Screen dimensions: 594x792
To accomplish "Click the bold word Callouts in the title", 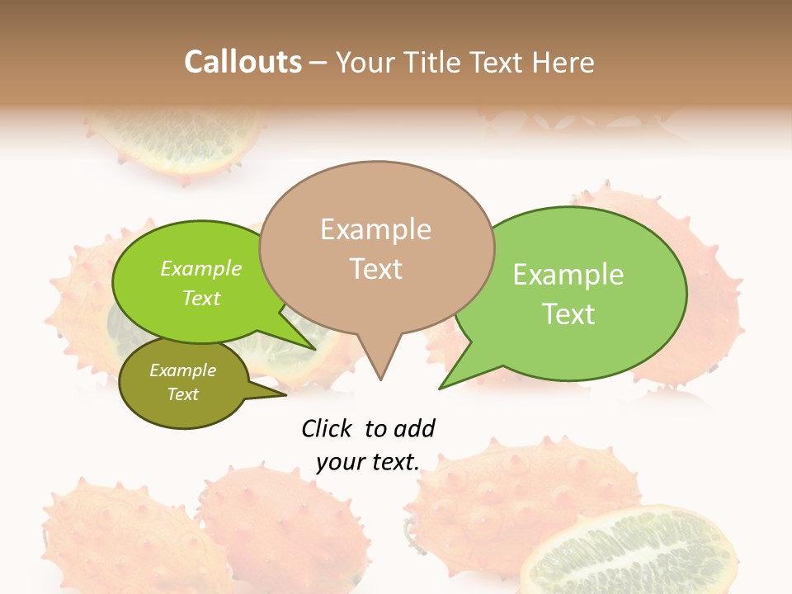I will pos(243,62).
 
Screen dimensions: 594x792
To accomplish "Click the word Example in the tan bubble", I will pos(375,229).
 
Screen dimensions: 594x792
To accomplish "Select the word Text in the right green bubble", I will pos(568,314).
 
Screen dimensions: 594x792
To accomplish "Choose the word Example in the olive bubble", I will pos(182,370).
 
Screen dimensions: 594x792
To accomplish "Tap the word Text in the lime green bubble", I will pos(201,299).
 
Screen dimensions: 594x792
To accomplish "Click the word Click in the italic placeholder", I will pos(327,428).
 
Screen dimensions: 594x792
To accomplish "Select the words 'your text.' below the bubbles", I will pos(368,462).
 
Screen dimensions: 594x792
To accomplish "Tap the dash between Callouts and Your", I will pos(318,63).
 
